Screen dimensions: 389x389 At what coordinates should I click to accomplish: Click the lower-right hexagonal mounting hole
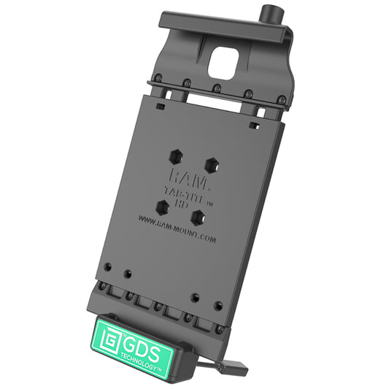(197, 216)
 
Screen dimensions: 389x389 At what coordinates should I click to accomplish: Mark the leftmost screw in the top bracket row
(157, 77)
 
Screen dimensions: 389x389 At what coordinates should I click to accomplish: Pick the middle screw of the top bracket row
(216, 88)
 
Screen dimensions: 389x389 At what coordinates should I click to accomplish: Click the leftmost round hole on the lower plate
(107, 266)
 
